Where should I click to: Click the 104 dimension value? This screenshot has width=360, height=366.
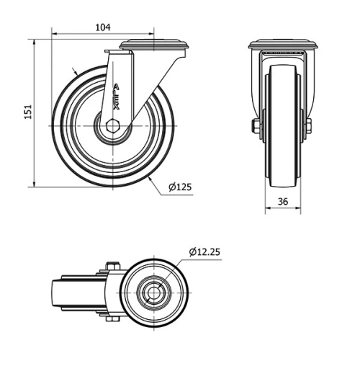pos(103,27)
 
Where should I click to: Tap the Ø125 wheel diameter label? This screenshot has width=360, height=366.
pos(180,187)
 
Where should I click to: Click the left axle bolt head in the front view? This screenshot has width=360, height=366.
pos(256,127)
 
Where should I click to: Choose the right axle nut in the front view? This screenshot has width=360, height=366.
pos(309,127)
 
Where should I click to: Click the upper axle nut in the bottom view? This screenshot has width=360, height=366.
pos(112,267)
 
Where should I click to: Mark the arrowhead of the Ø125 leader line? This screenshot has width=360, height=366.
pos(153,178)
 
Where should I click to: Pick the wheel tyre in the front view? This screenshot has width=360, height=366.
pos(66,144)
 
